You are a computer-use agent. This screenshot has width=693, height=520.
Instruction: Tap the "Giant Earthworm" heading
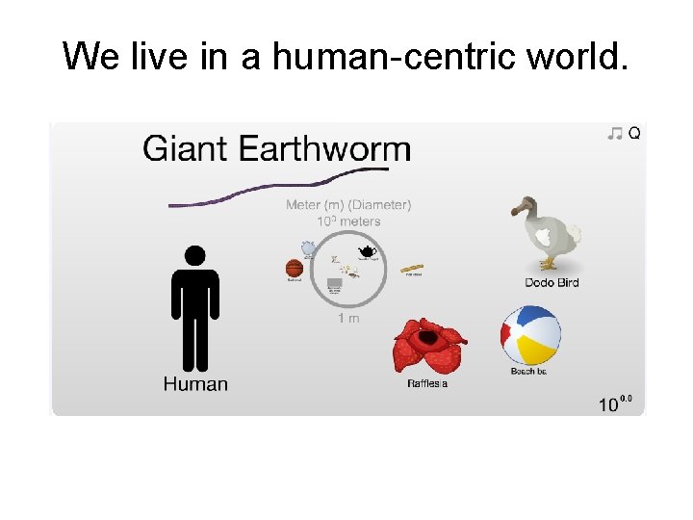coord(276,149)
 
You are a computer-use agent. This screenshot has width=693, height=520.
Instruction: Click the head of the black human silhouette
coord(195,256)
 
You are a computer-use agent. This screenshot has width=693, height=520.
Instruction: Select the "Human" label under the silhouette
coord(195,384)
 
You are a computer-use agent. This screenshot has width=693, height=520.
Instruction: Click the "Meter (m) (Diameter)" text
coord(347,204)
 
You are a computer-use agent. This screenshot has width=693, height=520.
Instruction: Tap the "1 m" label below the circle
coord(348,319)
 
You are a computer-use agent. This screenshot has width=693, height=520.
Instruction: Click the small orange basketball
coord(295,269)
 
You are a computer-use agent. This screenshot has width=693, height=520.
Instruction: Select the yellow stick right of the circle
coord(412,268)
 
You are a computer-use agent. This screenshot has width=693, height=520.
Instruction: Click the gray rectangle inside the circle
coord(335,284)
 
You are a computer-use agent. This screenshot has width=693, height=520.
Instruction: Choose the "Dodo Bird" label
coord(552,282)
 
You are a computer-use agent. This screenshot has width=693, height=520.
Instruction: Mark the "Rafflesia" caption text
coord(427,384)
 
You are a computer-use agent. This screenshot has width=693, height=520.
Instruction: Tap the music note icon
coord(615,134)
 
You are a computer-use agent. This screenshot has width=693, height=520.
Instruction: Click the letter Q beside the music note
coord(634,134)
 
